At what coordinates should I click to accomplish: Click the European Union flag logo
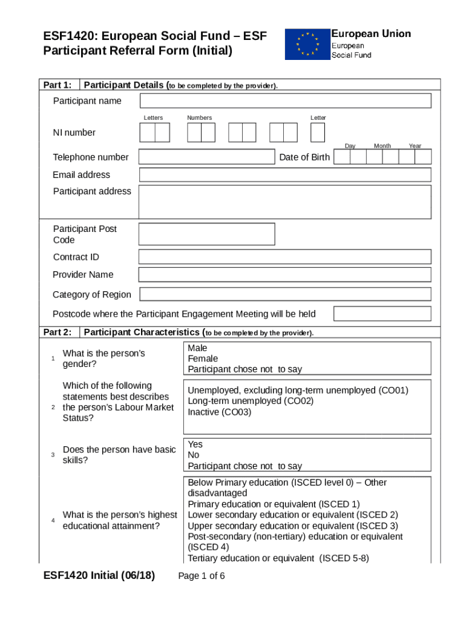point(307,44)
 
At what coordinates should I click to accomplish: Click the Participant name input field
point(284,101)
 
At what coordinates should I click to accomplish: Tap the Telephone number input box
point(206,157)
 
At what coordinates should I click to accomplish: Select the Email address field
point(284,175)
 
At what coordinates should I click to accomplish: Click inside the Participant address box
point(284,202)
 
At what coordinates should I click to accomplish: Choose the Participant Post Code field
point(206,234)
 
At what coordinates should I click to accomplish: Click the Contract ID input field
point(284,257)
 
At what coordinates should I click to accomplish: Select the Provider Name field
point(284,275)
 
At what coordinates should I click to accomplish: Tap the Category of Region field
point(284,294)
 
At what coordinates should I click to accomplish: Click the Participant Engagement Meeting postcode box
point(382,314)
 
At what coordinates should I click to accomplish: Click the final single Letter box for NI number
point(318,132)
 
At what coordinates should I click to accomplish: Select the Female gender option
point(203,358)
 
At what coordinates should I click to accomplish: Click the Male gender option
point(197,348)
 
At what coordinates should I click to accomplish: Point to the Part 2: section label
point(57,332)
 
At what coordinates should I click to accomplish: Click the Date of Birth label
point(304,157)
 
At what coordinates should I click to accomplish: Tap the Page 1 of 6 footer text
point(202,576)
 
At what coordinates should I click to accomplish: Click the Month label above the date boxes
point(382,146)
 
